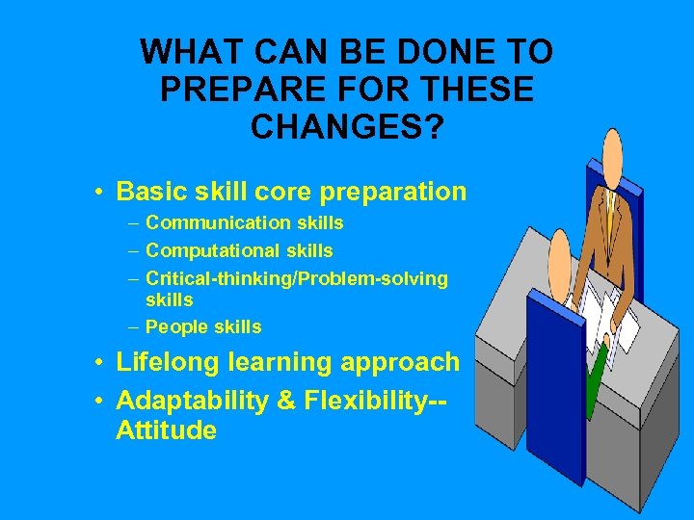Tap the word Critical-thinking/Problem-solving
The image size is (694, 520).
pos(297,279)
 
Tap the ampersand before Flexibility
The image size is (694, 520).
pos(287,402)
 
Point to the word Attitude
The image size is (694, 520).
pos(166,430)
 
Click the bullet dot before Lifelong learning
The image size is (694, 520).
pos(99,364)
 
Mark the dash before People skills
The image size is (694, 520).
pos(134,327)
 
